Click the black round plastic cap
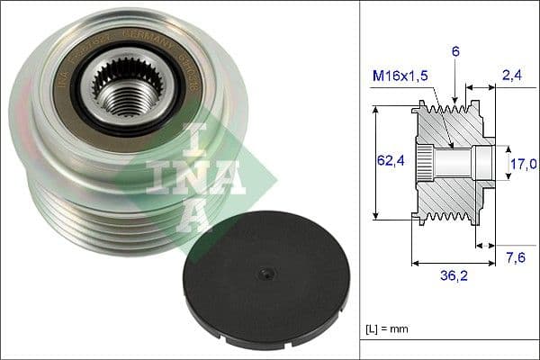[260, 274]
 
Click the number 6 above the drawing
[456, 52]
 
